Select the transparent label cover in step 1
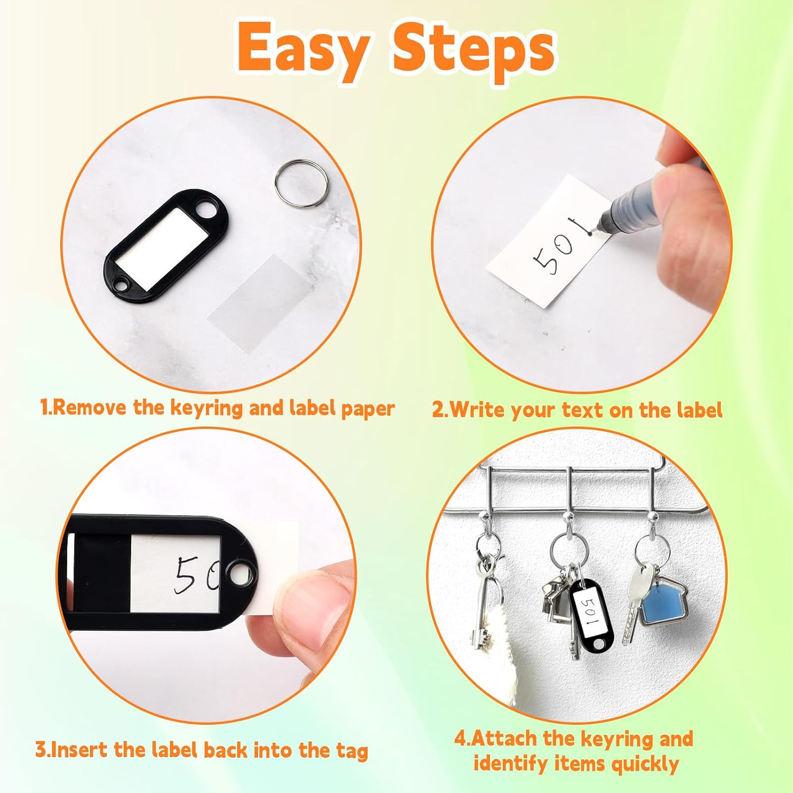[261, 301]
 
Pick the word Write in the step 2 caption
[475, 409]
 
